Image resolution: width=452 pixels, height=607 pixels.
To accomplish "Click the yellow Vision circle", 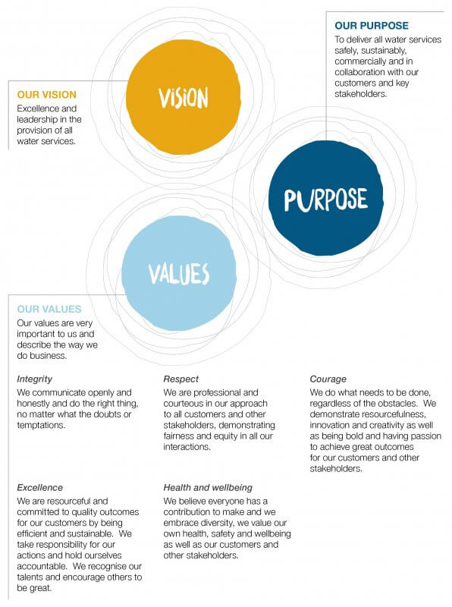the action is coord(184,97).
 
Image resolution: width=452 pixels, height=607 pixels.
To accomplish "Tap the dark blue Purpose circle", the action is coord(326,198).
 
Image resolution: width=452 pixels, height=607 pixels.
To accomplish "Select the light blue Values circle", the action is coord(179,273).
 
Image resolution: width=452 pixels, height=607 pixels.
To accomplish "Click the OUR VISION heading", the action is coord(47,95).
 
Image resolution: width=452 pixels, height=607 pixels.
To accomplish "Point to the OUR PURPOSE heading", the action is coord(372,26).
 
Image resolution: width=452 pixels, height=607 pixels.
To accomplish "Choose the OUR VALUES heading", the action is coord(49,309).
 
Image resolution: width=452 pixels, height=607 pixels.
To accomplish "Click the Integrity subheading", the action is coord(34,379).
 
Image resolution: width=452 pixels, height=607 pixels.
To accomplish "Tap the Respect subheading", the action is coord(180,379).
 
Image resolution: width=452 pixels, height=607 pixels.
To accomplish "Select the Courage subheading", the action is coord(328,379).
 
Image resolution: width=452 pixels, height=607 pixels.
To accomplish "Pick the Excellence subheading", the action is coord(40,487).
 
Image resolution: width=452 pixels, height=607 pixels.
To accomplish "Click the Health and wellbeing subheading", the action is coord(208,487).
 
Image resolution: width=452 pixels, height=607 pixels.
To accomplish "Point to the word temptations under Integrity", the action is coord(41,425).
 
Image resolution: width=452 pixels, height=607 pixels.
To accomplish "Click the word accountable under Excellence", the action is coord(42,566).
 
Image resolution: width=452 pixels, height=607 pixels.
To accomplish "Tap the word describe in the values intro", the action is coord(34,345).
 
